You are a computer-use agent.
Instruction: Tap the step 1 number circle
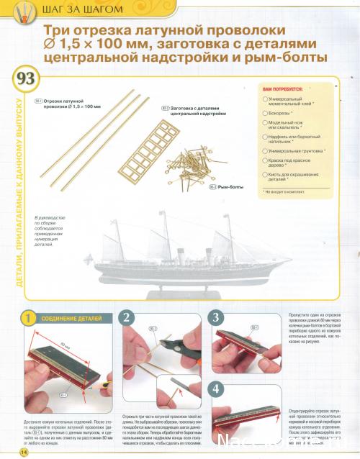27,317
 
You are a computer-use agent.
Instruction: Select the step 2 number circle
125,317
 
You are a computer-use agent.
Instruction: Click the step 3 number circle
215,317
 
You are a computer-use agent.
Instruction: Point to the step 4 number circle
215,388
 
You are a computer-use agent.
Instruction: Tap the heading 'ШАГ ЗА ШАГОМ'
81,10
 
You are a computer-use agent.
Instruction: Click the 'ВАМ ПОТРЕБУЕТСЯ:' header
282,88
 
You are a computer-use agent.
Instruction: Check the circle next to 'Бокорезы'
264,113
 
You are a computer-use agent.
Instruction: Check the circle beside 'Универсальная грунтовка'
264,152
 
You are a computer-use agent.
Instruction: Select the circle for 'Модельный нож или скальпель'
264,123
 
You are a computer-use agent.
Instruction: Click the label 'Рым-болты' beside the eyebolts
231,186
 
